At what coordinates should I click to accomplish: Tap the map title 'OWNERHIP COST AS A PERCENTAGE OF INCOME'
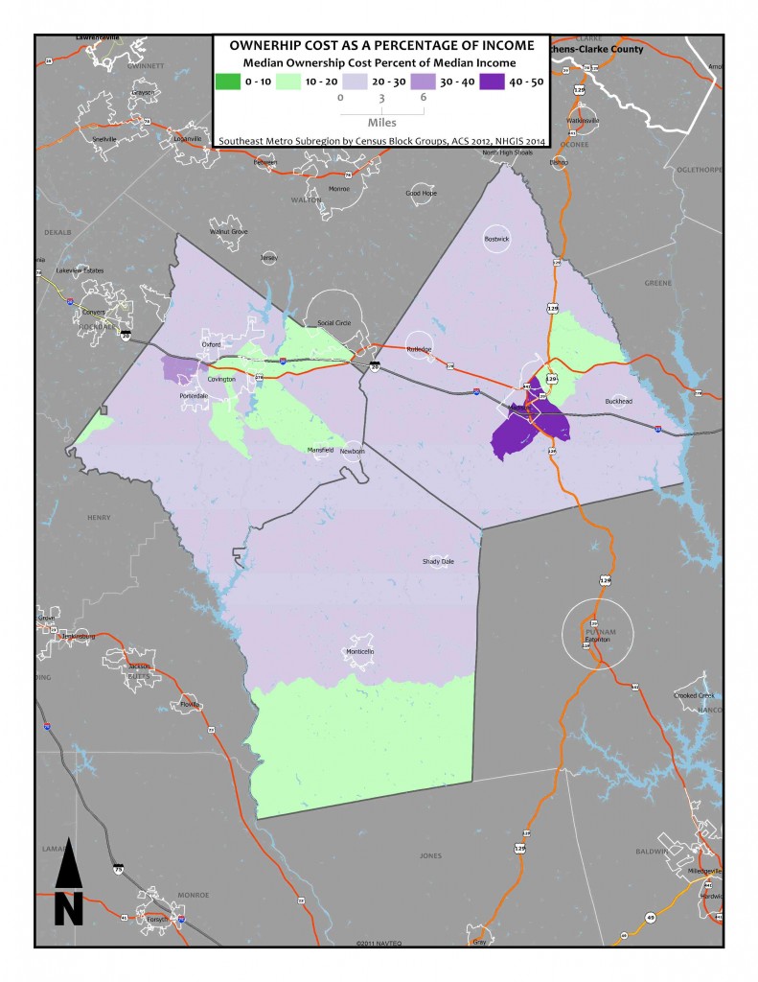379,45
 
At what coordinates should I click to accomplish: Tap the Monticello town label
359,652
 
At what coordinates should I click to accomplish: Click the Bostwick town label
496,238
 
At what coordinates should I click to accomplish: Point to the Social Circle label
335,323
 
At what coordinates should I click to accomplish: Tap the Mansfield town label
320,450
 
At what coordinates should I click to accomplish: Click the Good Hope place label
421,193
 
